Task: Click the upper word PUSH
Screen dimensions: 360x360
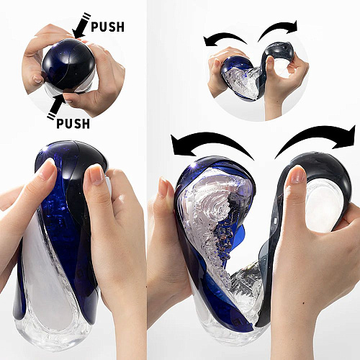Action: pyautogui.click(x=107, y=27)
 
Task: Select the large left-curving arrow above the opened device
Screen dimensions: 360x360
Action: pyautogui.click(x=212, y=144)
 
